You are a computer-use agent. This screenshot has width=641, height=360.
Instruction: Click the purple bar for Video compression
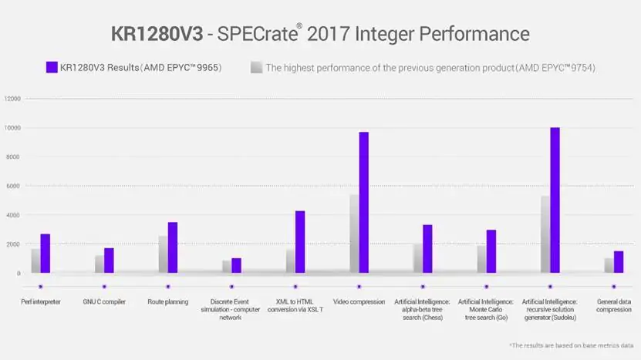(x=364, y=202)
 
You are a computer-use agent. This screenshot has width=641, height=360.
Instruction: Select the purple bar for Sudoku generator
(x=555, y=200)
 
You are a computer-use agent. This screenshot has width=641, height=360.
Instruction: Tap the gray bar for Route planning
(x=163, y=254)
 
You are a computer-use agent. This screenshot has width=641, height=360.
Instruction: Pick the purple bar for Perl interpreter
(x=46, y=254)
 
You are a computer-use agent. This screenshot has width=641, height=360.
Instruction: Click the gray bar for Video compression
(x=354, y=234)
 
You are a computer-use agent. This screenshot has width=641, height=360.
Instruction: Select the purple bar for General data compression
(x=619, y=262)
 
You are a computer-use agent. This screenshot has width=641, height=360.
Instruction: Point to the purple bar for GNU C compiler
(x=109, y=261)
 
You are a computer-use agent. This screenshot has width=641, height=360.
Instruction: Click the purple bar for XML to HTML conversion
(x=300, y=242)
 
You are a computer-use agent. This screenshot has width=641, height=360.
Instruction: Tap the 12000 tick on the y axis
(x=12, y=99)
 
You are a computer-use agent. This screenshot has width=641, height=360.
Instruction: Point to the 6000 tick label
(x=12, y=186)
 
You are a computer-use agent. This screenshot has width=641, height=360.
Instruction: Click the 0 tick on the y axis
(x=19, y=274)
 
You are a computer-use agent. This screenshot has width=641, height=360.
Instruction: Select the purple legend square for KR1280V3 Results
(x=52, y=67)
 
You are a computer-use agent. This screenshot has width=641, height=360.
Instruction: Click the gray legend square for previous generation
(x=256, y=67)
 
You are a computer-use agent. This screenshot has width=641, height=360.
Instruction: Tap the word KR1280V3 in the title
(x=157, y=34)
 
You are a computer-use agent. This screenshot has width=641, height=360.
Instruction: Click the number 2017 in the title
(x=329, y=34)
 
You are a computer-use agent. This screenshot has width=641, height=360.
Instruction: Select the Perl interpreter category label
(x=40, y=302)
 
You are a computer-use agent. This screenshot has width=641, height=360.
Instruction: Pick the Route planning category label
(x=168, y=302)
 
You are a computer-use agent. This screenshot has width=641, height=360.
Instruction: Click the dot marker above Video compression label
(x=359, y=287)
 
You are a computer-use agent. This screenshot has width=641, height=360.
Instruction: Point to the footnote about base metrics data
(x=571, y=345)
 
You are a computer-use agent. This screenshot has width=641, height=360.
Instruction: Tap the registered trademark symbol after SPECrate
(x=299, y=25)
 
